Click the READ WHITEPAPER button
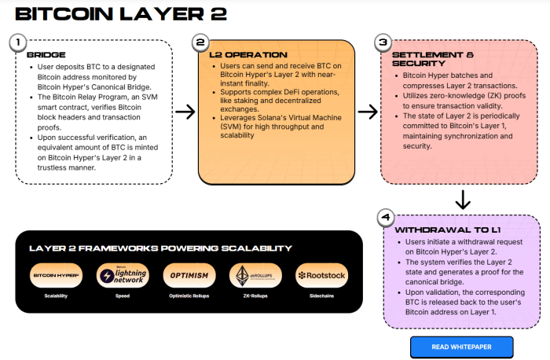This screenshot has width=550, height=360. (461, 347)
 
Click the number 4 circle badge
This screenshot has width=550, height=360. (384, 217)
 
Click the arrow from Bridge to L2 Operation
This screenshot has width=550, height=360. (185, 112)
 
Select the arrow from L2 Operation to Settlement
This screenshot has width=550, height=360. (367, 112)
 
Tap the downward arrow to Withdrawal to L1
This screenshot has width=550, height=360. (463, 200)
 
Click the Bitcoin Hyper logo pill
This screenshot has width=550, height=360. (56, 276)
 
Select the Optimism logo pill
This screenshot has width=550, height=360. (189, 276)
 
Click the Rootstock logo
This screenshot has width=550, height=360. (321, 276)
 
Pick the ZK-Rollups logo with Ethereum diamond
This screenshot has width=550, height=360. (255, 276)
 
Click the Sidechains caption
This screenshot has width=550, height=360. (321, 296)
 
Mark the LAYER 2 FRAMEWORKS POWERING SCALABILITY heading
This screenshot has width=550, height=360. (160, 248)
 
